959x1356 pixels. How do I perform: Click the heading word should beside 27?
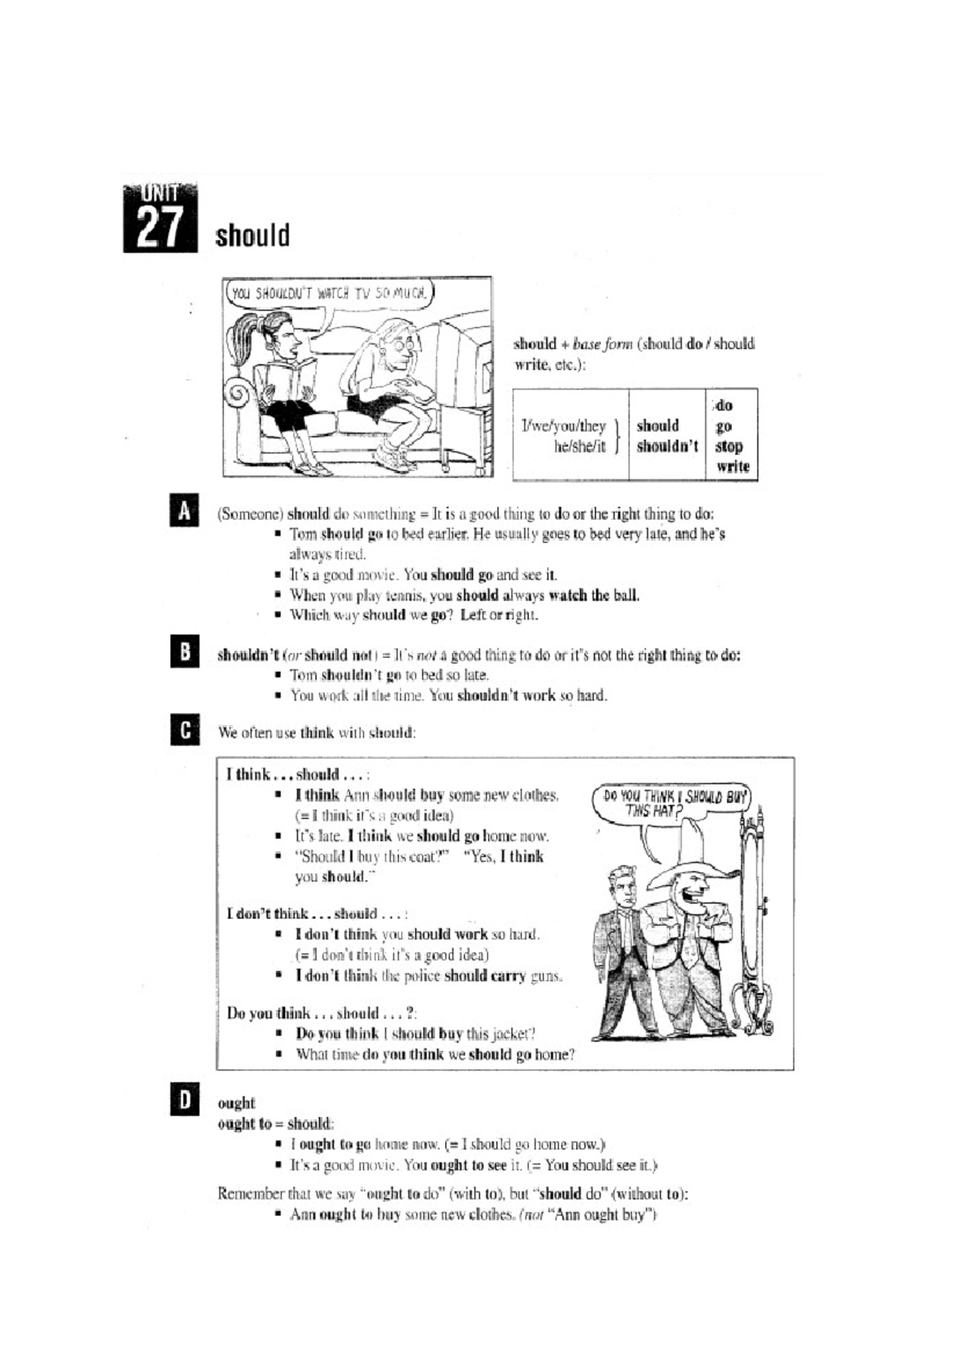tap(252, 236)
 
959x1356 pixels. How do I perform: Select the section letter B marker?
tap(184, 652)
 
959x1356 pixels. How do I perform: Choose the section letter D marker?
tap(184, 1102)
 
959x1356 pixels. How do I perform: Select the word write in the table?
tap(732, 467)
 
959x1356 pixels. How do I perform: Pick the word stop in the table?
tap(728, 446)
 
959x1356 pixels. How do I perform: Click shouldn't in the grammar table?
tap(667, 446)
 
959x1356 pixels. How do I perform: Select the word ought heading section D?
tap(236, 1103)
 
